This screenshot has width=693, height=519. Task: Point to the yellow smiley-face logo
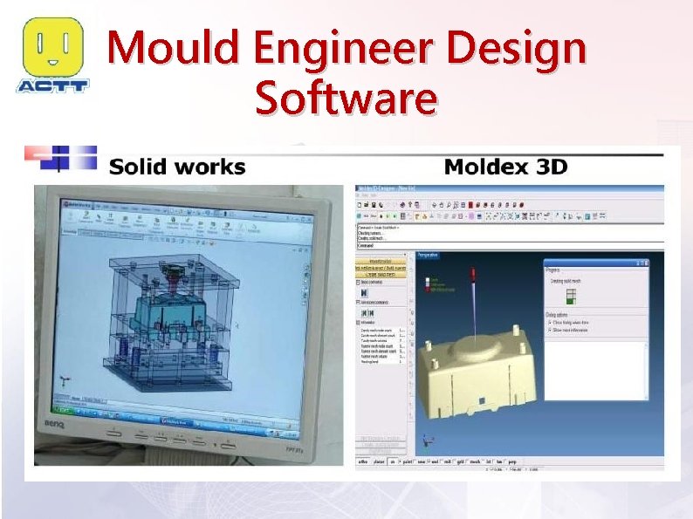point(52,47)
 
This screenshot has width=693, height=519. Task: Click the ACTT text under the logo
point(52,85)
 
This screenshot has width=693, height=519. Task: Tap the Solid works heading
point(176,167)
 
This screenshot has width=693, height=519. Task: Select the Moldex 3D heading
point(505,166)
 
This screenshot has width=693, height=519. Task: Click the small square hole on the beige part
point(479,400)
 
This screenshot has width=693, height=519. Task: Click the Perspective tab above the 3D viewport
point(429,255)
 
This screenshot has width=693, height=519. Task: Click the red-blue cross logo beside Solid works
point(59,158)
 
